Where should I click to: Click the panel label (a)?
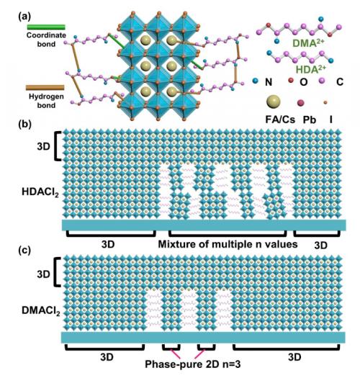(24, 17)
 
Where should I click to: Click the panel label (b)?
(24, 125)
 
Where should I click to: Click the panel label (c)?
(24, 251)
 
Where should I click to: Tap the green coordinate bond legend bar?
(46, 27)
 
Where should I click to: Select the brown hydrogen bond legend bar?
(45, 88)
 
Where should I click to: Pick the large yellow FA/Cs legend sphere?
(273, 102)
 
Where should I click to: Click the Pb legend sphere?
(300, 103)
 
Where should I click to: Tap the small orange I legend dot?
(325, 103)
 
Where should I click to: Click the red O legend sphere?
(291, 81)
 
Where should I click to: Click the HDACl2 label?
(40, 193)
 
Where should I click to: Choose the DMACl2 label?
(40, 311)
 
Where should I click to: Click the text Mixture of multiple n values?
(228, 244)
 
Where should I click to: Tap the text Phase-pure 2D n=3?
(193, 364)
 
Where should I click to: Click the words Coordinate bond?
(46, 40)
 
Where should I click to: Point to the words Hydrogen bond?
(46, 101)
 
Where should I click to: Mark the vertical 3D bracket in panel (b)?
(58, 146)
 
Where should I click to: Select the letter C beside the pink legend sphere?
(340, 82)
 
